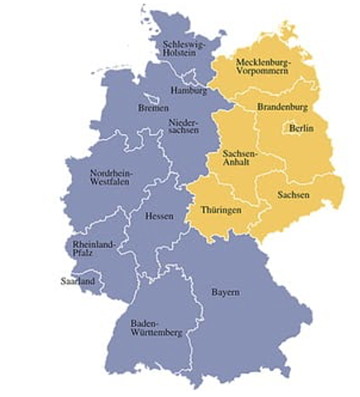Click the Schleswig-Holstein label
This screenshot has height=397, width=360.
pyautogui.click(x=185, y=49)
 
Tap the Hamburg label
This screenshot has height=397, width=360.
pyautogui.click(x=188, y=89)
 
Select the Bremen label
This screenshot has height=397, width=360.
pyautogui.click(x=155, y=108)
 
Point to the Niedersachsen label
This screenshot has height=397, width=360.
pyautogui.click(x=183, y=128)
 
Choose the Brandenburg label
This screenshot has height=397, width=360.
pyautogui.click(x=284, y=108)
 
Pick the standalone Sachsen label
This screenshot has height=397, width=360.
pyautogui.click(x=295, y=194)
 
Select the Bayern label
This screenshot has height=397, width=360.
pyautogui.click(x=225, y=293)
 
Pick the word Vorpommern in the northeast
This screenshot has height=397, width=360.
pyautogui.click(x=266, y=74)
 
